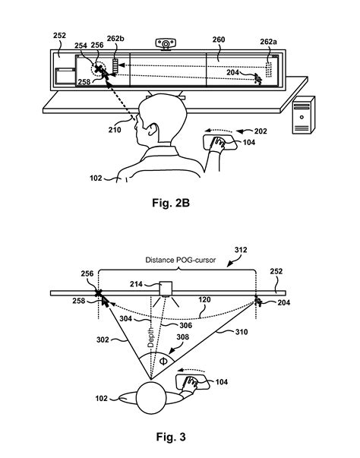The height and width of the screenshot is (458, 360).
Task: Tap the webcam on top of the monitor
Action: click(x=165, y=43)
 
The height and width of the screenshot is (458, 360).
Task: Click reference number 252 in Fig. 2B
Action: click(x=60, y=36)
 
